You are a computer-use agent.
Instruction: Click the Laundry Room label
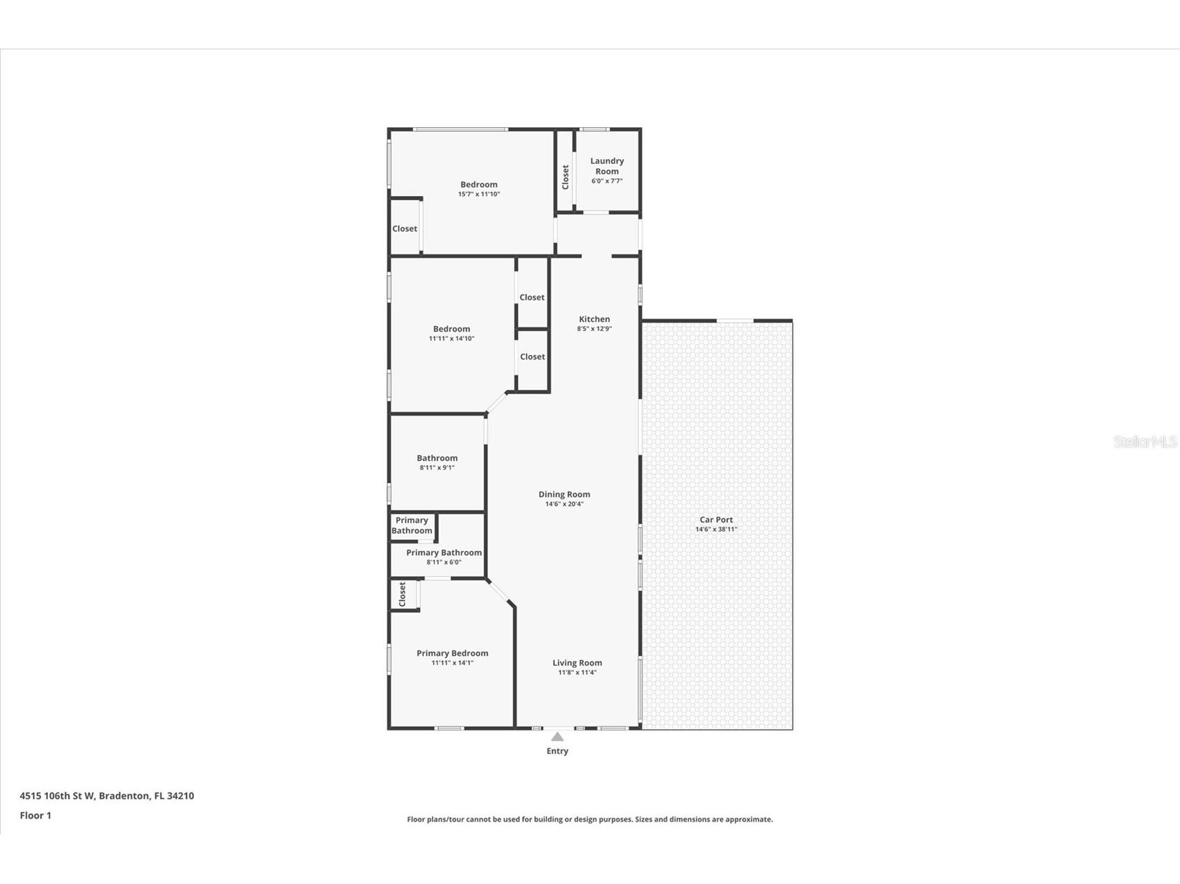606,166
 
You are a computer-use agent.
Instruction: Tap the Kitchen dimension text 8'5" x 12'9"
594,329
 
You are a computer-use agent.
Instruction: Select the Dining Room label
564,495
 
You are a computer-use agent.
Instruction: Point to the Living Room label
577,663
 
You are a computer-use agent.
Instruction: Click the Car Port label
716,520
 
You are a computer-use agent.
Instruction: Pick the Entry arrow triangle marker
557,737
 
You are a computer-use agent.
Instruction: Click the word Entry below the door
557,751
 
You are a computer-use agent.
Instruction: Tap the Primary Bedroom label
452,653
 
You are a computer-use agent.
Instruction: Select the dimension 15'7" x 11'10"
478,195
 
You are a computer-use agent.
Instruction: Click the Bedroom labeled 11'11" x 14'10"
451,329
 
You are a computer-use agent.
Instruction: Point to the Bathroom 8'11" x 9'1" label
437,459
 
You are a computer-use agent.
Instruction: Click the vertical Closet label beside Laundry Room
565,177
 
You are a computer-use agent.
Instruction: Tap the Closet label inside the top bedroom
405,229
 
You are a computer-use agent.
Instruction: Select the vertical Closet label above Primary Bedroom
402,594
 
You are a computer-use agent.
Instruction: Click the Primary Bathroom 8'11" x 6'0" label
444,553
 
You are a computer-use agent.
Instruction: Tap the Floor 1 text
35,815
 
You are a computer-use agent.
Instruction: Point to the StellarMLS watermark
1145,441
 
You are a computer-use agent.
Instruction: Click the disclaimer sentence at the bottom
590,819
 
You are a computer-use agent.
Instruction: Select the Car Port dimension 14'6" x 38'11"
716,530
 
